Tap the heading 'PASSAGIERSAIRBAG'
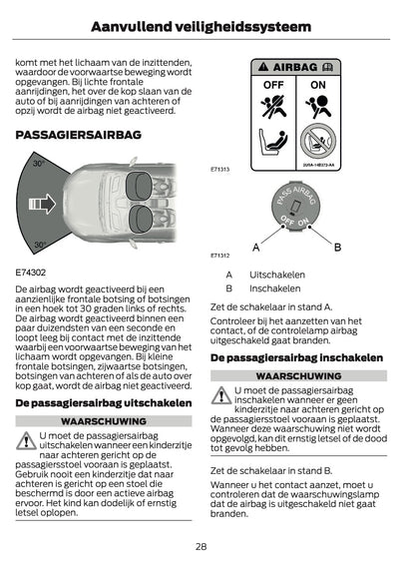tap(76, 133)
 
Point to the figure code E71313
tap(220, 169)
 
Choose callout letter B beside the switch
tap(337, 246)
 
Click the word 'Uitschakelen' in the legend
tap(277, 274)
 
